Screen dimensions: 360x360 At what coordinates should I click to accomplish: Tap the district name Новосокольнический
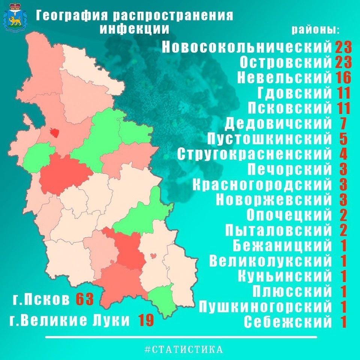pos(247,47)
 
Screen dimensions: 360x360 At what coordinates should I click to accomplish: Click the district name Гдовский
pos(294,92)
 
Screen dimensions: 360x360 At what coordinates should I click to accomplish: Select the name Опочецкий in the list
pos(289,215)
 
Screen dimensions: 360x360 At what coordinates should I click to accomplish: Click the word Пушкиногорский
pos(265,307)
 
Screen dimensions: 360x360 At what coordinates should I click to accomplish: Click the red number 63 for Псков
pos(84,300)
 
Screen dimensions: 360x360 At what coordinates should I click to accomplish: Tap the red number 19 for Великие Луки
pos(146,321)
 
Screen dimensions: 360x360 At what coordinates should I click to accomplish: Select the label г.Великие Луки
pos(69,321)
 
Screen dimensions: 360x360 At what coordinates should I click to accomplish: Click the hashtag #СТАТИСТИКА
pos(184,349)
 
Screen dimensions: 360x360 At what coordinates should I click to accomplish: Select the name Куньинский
pos(285,276)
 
